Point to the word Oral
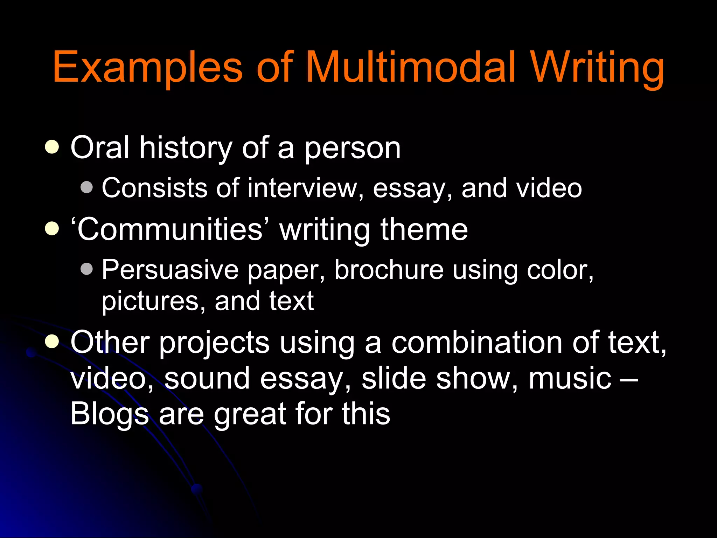pyautogui.click(x=100, y=148)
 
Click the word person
pyautogui.click(x=352, y=149)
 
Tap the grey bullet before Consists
pyautogui.click(x=86, y=187)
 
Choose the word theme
pyautogui.click(x=424, y=229)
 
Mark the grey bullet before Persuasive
pyautogui.click(x=86, y=269)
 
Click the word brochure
pyautogui.click(x=389, y=270)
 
